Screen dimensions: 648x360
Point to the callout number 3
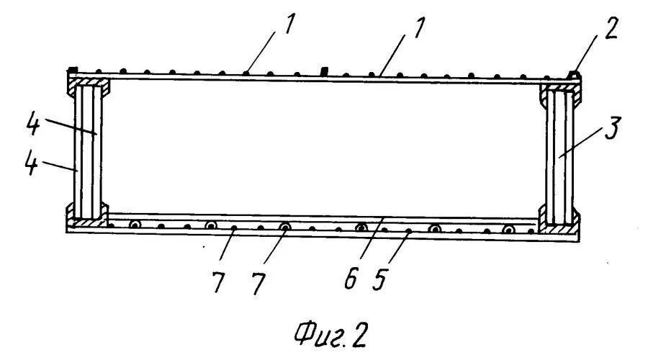point(610,132)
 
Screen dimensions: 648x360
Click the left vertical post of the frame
point(87,150)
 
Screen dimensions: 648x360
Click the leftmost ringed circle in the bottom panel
point(134,225)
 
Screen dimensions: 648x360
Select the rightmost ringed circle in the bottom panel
point(510,230)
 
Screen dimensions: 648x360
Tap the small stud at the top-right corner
point(574,73)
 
